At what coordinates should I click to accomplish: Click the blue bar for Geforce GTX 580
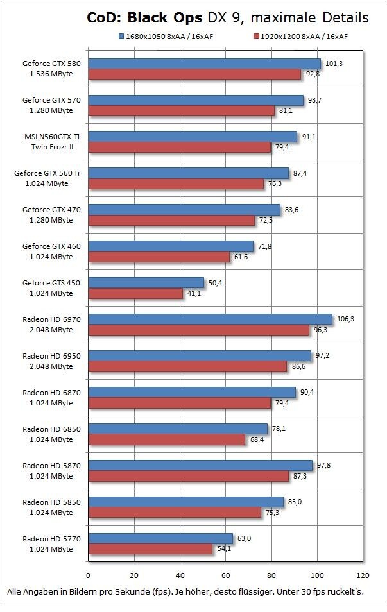(204, 64)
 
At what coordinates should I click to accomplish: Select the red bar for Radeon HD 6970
(199, 330)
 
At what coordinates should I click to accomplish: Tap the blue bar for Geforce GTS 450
(146, 282)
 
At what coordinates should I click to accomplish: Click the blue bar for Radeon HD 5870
(200, 465)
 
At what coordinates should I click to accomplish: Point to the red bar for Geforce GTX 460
(159, 257)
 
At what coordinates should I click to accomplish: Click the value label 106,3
(345, 318)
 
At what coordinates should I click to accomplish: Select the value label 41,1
(194, 293)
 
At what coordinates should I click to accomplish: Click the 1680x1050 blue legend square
(121, 36)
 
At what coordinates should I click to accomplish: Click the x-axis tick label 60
(226, 575)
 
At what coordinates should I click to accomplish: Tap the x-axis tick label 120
(363, 575)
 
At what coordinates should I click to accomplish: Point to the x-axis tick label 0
(88, 575)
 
